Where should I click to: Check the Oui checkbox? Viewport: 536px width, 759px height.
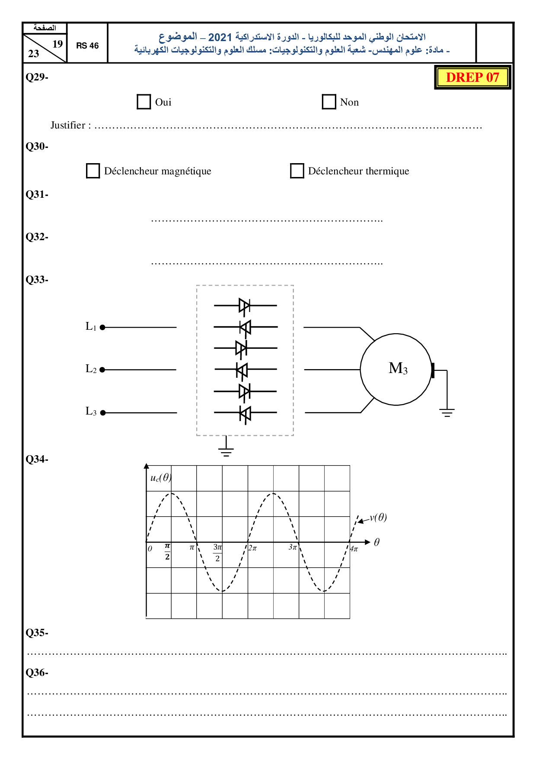[144, 102]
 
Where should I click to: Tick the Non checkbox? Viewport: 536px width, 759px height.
[329, 102]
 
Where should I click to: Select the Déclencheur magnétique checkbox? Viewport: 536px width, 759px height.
[93, 171]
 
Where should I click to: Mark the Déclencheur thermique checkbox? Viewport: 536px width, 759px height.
[297, 171]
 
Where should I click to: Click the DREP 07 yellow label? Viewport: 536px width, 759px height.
[472, 77]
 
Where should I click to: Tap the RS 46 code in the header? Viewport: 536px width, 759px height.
[87, 46]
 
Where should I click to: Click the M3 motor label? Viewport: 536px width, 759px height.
[398, 368]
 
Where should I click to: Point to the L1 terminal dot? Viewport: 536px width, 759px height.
[103, 328]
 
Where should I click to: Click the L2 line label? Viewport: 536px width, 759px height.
[91, 369]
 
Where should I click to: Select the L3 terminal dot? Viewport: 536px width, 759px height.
[103, 413]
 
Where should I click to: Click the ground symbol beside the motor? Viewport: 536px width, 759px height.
[447, 412]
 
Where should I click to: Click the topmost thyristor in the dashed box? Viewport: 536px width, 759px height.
[244, 306]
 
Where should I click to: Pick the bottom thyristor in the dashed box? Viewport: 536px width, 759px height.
[245, 413]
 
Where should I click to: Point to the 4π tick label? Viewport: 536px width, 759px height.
[354, 549]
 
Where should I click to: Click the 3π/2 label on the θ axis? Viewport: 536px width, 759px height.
[217, 553]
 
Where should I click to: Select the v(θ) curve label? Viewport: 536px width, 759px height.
[378, 518]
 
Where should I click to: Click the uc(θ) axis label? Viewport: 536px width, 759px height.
[161, 478]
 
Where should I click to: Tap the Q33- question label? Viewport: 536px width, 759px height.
[37, 280]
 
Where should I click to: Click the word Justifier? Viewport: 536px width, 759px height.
[68, 125]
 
